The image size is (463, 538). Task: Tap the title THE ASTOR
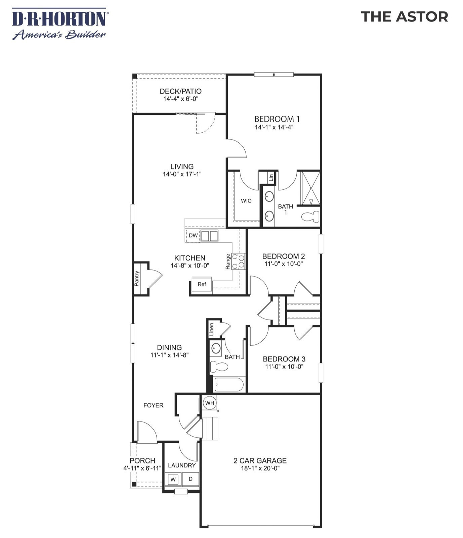tap(404, 17)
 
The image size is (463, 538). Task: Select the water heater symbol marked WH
tap(210, 403)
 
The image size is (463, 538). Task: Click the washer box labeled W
tap(173, 479)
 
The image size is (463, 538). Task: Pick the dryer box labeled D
tap(191, 479)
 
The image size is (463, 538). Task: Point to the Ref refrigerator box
tap(202, 284)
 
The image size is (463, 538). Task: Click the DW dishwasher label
tap(193, 236)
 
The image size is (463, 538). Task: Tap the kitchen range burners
tap(238, 261)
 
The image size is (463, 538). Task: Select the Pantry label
tap(137, 279)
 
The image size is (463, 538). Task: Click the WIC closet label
tap(246, 201)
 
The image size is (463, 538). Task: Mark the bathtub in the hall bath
tap(229, 385)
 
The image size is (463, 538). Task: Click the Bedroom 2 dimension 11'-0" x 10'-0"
tap(284, 264)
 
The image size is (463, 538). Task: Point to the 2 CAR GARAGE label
tap(260, 460)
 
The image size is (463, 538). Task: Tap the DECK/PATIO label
tap(180, 91)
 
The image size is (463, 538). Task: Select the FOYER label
tap(153, 405)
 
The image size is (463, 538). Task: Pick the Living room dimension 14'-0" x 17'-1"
tap(182, 174)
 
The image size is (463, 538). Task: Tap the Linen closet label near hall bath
tap(211, 329)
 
